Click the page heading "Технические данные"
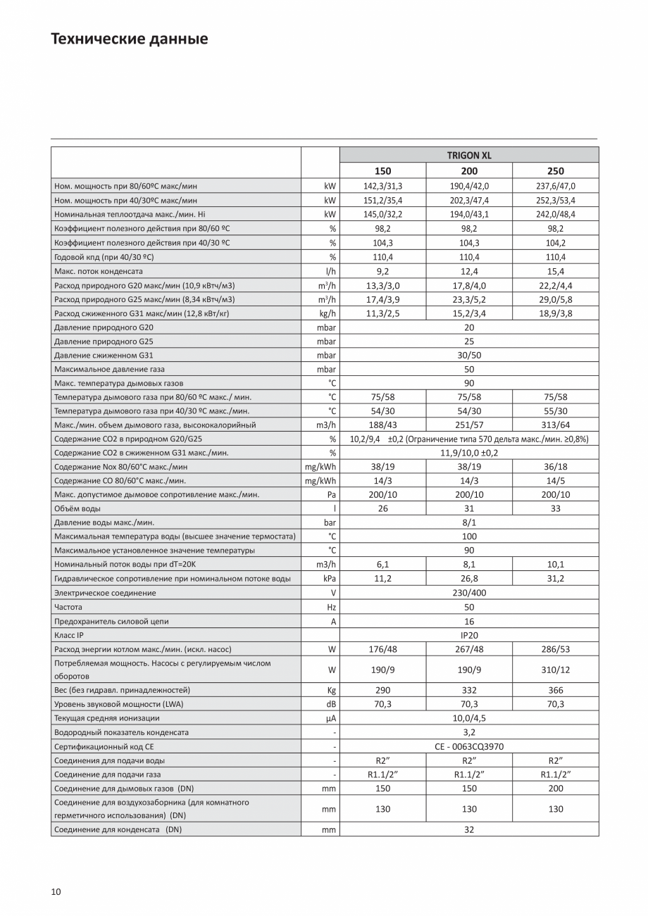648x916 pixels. pos(129,39)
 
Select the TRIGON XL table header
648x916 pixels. pos(469,155)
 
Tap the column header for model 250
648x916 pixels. pos(555,171)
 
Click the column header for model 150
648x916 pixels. pos(382,171)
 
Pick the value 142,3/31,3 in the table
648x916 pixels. pos(382,186)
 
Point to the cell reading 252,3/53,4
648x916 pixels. pos(555,200)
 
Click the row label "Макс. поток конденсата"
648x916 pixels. pos(99,271)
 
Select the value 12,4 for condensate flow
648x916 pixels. pos(469,271)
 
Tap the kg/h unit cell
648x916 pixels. pos(328,313)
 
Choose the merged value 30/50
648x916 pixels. pos(469,355)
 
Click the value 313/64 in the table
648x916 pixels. pos(555,425)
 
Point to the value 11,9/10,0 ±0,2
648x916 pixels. pos(469,453)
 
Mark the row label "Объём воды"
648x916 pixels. pos(77,508)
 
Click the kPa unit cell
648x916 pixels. pos(329,578)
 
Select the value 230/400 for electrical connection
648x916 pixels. pos(469,593)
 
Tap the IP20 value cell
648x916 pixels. pos(469,635)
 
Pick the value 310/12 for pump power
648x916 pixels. pos(555,670)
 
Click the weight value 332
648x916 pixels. pos(469,690)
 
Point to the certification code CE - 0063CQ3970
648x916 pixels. pos(469,746)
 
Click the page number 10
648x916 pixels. pos(56,892)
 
